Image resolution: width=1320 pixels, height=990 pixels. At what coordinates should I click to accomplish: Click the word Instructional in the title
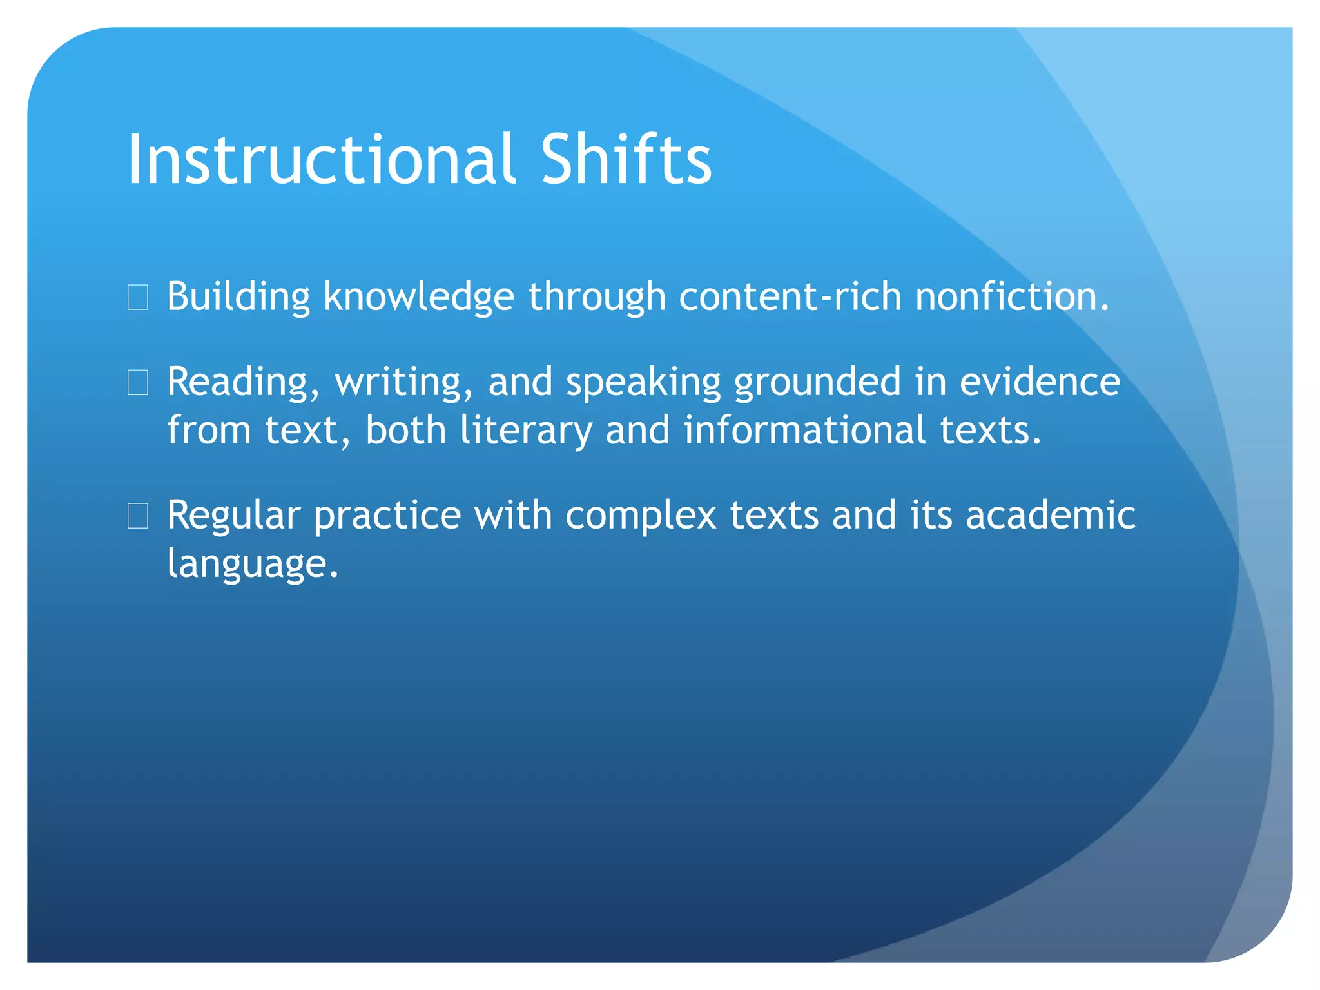[x=320, y=160]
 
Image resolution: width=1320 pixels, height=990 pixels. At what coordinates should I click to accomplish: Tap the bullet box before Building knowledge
[x=138, y=298]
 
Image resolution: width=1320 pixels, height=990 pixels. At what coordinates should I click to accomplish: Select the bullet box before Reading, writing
[x=138, y=383]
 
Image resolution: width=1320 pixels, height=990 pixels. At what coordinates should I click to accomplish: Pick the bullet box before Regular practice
[x=138, y=516]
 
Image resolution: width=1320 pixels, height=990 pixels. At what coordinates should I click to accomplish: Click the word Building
[x=238, y=298]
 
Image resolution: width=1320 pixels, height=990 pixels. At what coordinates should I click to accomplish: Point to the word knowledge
[x=418, y=298]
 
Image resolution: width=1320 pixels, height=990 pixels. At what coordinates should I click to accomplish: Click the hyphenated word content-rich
[x=790, y=298]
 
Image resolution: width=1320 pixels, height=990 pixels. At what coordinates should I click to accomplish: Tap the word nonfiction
[x=1011, y=298]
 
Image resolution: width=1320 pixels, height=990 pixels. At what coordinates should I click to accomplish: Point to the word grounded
[x=817, y=383]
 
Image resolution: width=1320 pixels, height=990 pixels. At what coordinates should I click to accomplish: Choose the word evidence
[x=1040, y=383]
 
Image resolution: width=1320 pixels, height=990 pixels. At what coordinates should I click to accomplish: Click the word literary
[x=525, y=431]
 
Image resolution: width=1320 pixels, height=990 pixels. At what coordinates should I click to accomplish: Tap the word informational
[x=804, y=431]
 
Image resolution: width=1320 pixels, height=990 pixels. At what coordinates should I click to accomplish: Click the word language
[x=252, y=565]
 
